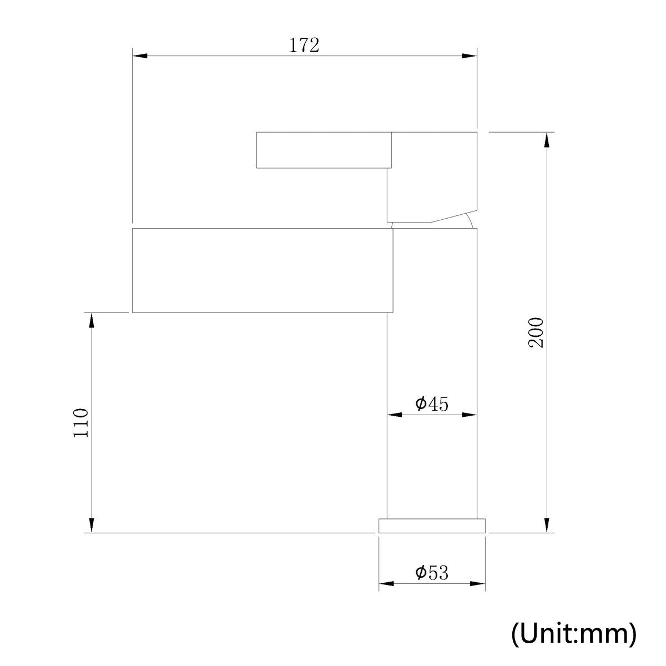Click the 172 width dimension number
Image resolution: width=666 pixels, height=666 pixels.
(304, 46)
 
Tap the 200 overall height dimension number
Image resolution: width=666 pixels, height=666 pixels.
(536, 332)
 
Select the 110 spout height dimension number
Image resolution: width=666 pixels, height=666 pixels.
(81, 423)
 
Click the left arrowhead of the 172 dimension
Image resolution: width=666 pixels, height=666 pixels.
(140, 56)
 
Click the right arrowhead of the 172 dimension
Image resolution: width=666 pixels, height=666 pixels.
(470, 56)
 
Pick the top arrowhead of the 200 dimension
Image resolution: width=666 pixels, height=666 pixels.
(547, 140)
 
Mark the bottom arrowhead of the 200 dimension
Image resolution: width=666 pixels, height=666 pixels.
(547, 525)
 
